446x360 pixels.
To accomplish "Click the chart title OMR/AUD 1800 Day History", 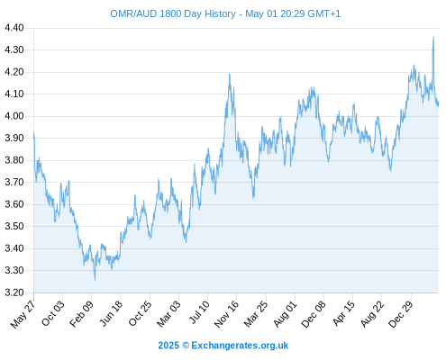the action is [173, 13].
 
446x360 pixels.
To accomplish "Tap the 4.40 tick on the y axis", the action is [14, 28].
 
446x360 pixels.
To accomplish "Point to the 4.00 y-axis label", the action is [14, 116].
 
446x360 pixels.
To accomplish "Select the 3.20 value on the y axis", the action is [14, 292].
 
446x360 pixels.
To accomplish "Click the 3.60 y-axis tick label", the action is [14, 204].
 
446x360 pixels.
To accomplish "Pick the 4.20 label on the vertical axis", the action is [14, 72].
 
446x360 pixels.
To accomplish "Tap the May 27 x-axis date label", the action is [23, 314].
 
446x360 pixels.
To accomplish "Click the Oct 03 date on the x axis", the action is [53, 313].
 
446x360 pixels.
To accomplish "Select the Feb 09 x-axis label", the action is [81, 314].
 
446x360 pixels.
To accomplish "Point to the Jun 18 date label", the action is [111, 313].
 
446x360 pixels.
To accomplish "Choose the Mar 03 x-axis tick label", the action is [168, 314].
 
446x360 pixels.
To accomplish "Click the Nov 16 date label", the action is [226, 314].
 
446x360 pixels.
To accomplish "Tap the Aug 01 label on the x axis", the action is [285, 314].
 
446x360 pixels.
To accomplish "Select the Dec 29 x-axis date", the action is [401, 314].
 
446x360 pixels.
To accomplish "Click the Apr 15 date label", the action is [343, 313].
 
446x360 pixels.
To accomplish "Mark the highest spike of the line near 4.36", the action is [433, 37].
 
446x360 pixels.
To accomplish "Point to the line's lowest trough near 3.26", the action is [96, 280].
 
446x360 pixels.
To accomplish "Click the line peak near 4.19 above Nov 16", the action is [230, 75].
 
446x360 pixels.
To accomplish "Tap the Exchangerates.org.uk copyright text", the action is [223, 346].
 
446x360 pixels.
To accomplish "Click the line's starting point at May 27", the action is [33, 133].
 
